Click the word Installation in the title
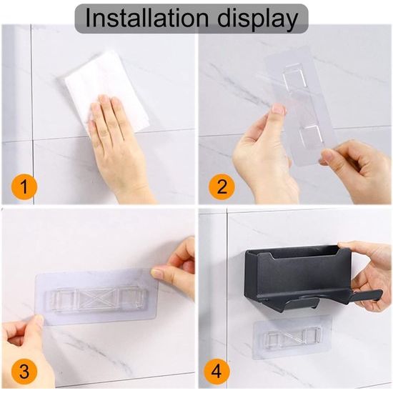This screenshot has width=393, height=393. [x=146, y=18]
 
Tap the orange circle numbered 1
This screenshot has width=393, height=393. [x=24, y=186]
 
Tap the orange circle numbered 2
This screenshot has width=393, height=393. [x=222, y=186]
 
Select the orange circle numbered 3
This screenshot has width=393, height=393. [x=24, y=371]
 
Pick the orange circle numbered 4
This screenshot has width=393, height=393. [x=217, y=371]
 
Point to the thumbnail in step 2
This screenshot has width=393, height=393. [x=279, y=109]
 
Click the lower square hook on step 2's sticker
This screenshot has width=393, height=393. [x=310, y=136]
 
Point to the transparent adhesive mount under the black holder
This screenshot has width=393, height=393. [x=292, y=337]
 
